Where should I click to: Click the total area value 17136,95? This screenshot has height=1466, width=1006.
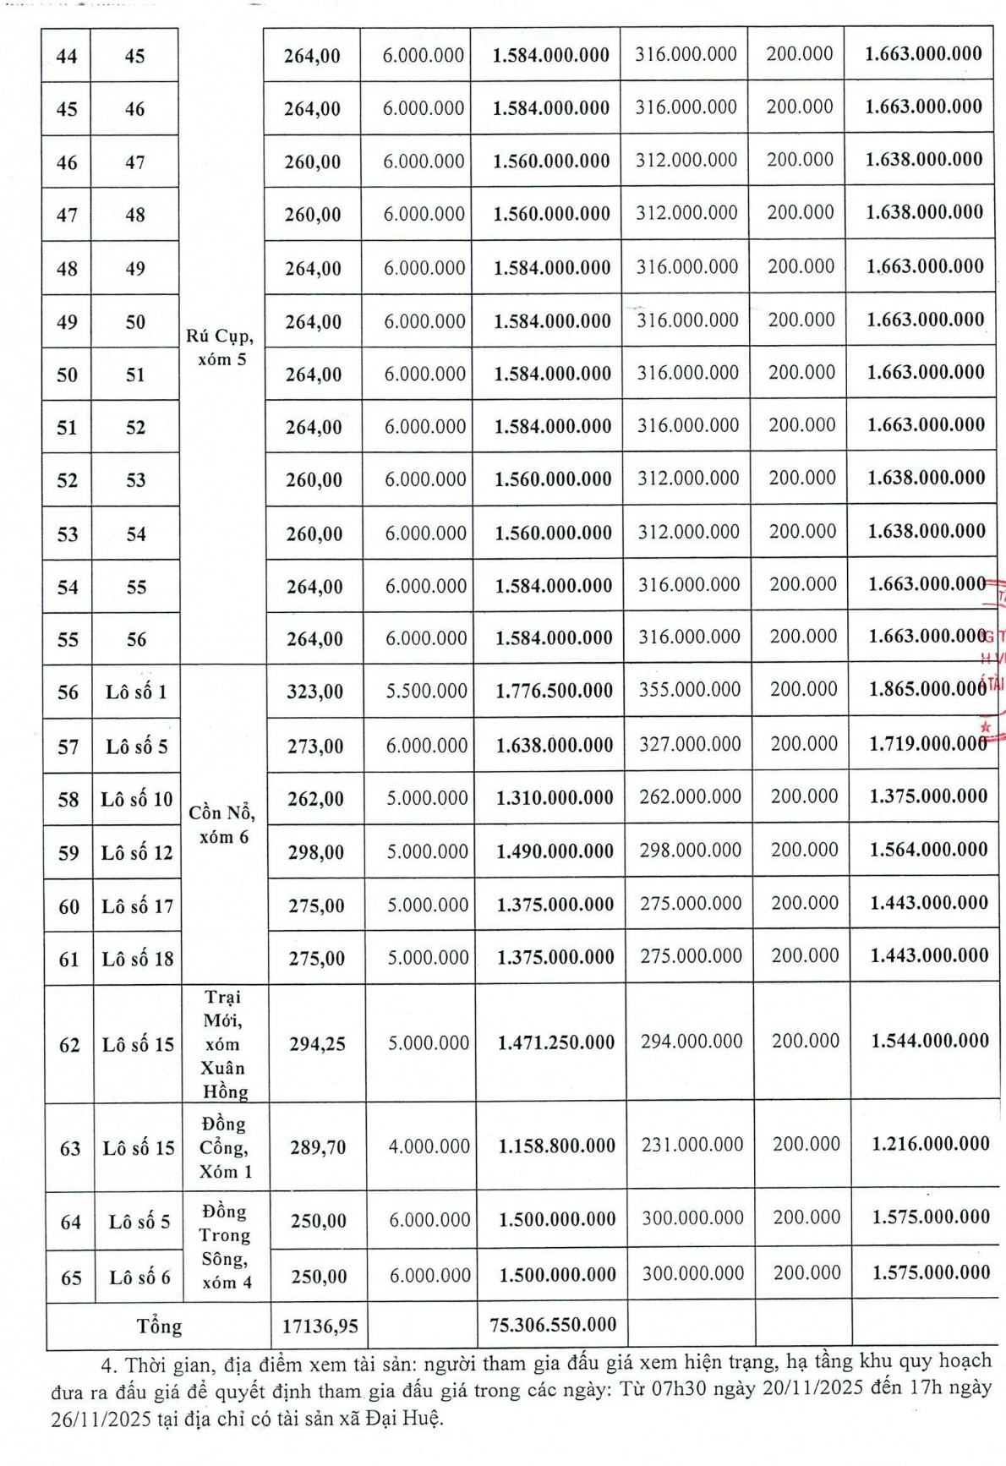[320, 1326]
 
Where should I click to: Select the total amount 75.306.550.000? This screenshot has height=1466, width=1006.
[553, 1325]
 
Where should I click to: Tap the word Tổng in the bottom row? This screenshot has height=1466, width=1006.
[159, 1326]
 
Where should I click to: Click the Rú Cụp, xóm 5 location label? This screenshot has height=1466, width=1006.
[220, 347]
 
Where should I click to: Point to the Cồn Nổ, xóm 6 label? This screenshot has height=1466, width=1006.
[222, 824]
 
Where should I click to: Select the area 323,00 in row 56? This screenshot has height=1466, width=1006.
[315, 692]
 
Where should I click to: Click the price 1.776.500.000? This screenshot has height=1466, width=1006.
[555, 691]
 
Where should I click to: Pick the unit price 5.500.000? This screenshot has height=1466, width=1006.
[427, 691]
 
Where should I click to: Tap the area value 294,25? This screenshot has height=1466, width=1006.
[318, 1044]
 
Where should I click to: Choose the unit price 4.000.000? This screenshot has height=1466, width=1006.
[429, 1146]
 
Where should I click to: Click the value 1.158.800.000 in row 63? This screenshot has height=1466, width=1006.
[557, 1146]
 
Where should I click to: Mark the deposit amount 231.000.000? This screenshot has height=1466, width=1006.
[692, 1145]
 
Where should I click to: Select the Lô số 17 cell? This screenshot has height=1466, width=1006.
[137, 906]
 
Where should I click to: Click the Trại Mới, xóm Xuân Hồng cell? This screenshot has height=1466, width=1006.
[224, 1044]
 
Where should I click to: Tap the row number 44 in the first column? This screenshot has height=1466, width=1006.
[67, 57]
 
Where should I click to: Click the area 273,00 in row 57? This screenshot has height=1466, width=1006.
[315, 746]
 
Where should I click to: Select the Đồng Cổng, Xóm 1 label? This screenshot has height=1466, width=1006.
[224, 1147]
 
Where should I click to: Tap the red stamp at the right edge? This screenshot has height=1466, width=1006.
[993, 659]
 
